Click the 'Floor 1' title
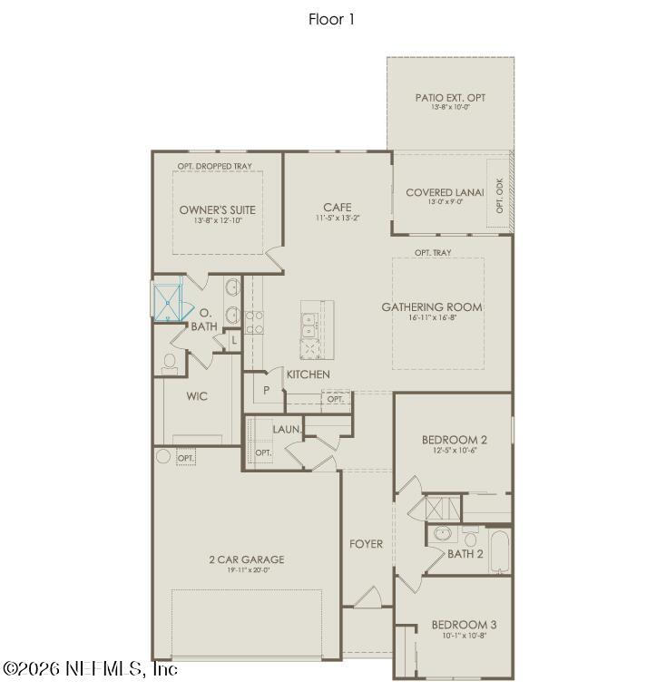coord(331,19)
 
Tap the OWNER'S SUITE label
coord(217,210)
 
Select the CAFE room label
coord(337,208)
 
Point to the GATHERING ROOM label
coord(431,307)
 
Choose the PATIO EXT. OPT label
coord(450,96)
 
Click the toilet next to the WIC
coord(170,363)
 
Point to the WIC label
coord(198,396)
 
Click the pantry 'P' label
coord(267,390)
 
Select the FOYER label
coord(367,544)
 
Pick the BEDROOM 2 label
coord(455,440)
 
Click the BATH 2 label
coord(466,553)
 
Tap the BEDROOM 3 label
coord(464,625)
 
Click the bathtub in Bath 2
coord(498,551)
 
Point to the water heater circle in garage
coord(163,456)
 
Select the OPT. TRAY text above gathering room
coord(433,253)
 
